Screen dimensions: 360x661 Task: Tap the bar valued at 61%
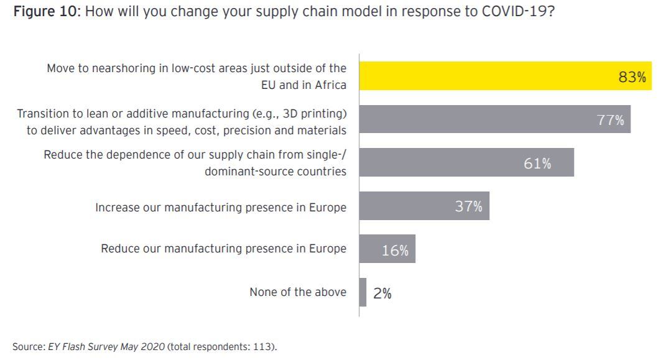[x=448, y=163]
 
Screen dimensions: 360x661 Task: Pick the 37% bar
[x=410, y=206]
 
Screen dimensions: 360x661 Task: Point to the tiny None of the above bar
[x=363, y=292]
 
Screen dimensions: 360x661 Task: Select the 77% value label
[x=611, y=120]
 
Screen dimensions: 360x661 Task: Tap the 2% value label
[x=382, y=293]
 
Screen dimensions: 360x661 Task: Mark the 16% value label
[x=395, y=250]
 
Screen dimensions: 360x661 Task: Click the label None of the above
[x=298, y=292]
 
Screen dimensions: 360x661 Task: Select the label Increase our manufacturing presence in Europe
[x=221, y=207]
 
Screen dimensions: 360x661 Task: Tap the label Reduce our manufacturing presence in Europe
[x=224, y=249]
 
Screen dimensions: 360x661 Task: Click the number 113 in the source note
[x=262, y=346]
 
